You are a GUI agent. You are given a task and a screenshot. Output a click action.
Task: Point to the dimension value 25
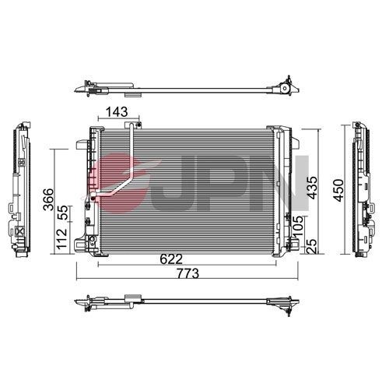point(312,247)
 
